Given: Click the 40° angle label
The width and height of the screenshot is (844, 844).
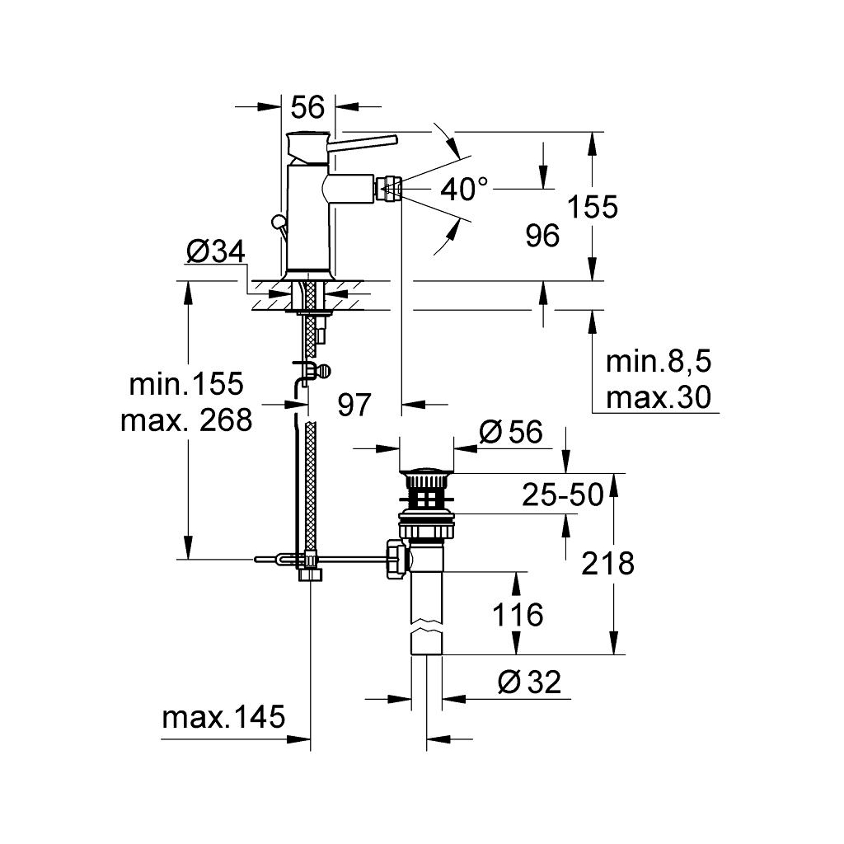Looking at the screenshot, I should coord(464,190).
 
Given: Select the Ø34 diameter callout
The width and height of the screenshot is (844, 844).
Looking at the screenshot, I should coord(216,251).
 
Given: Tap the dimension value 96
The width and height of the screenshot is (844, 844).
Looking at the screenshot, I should coord(542,237).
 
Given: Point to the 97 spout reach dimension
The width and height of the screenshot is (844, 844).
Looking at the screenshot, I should coord(354,405).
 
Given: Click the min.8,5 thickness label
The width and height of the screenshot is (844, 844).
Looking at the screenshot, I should coord(658,362).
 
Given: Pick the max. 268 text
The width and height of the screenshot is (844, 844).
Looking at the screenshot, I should coord(186,420).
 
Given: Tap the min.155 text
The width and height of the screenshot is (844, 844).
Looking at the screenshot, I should coord(186,383).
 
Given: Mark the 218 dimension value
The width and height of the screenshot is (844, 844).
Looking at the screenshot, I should coord(607,564).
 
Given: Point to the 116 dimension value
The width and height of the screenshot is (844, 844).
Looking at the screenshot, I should coord(518,614).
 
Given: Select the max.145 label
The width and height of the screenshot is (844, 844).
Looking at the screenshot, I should coord(223,717).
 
